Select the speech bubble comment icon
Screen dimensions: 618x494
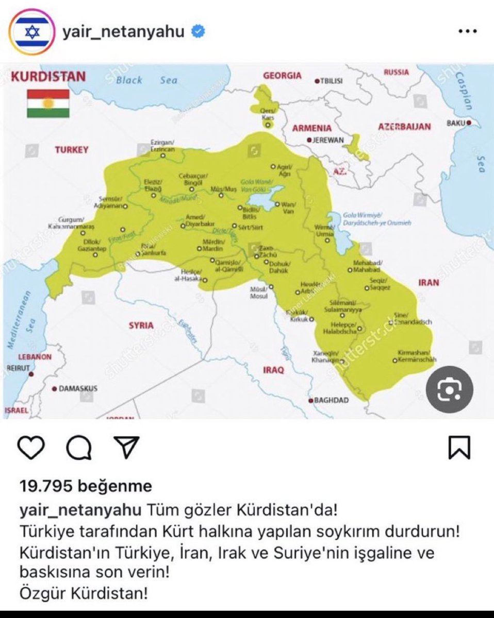point(79,448)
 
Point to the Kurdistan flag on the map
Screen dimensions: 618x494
point(48,103)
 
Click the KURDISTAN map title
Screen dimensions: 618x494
point(48,77)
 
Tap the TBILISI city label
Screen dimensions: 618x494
point(331,81)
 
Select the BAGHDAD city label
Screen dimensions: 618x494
point(331,400)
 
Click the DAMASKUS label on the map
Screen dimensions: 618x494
point(77,389)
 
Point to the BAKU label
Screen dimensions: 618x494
point(457,124)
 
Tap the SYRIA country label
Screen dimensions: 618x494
point(141,325)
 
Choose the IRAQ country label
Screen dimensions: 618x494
point(274,370)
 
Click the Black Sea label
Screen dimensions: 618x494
point(146,80)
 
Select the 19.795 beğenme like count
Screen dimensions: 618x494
point(86,486)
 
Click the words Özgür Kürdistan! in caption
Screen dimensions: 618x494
point(84,594)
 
